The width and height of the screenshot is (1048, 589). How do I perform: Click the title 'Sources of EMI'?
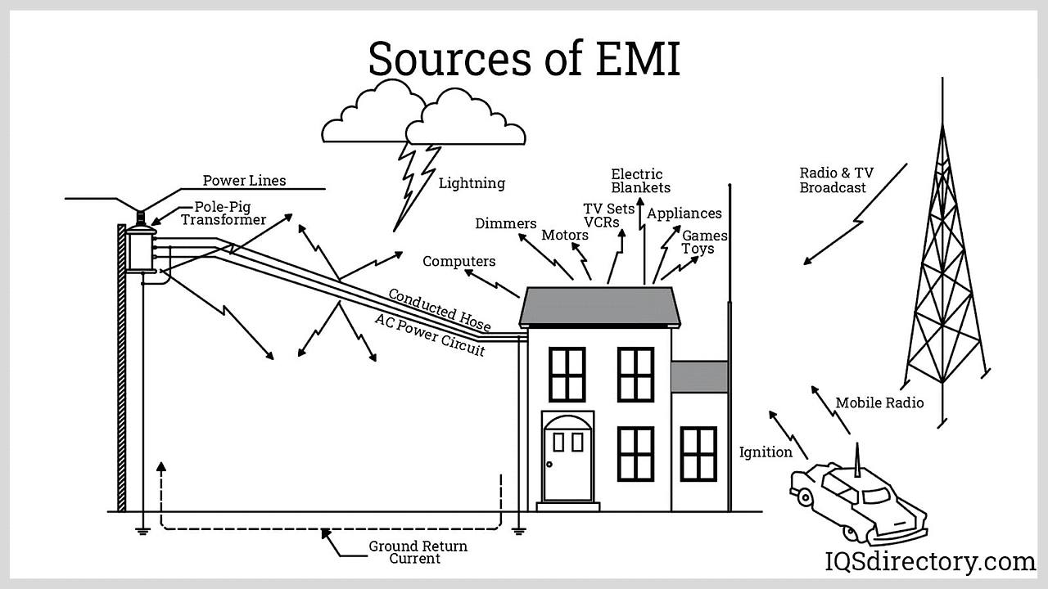[524, 59]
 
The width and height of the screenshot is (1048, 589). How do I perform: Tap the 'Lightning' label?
[472, 183]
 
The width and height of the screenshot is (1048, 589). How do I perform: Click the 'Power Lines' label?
[245, 180]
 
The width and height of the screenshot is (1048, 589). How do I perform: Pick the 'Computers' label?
[458, 262]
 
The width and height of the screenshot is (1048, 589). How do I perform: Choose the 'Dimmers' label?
[505, 223]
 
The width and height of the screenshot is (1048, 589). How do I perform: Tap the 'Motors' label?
[564, 236]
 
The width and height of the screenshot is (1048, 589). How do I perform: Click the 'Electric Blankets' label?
[640, 181]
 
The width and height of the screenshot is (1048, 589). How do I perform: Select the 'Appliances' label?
[684, 214]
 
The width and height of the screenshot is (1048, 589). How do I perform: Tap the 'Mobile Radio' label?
[879, 402]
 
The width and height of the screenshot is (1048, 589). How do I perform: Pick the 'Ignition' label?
[766, 452]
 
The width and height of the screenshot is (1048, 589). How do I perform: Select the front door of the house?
[567, 458]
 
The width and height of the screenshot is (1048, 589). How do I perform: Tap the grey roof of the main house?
[599, 305]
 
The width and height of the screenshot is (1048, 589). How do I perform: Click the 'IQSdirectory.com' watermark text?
[928, 562]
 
